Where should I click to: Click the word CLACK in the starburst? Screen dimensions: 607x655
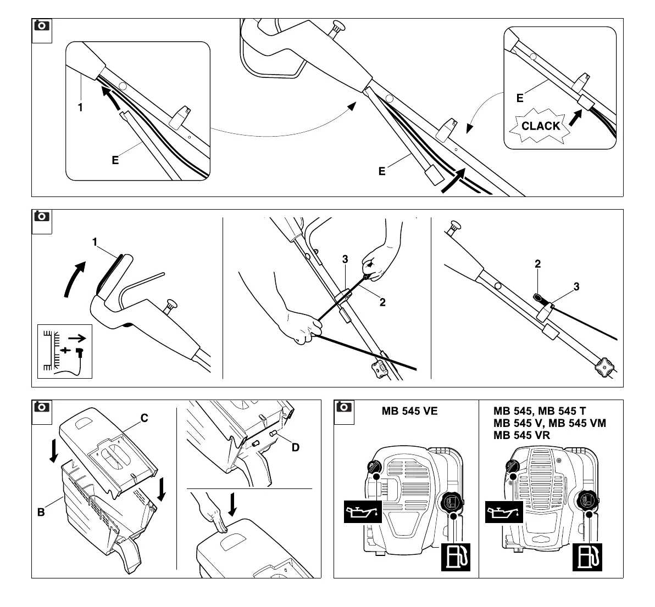(541, 126)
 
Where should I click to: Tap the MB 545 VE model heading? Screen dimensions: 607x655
(409, 411)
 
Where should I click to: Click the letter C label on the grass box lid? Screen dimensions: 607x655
(144, 419)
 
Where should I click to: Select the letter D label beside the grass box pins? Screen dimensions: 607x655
(296, 447)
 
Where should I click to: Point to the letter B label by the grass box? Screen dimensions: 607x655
(41, 513)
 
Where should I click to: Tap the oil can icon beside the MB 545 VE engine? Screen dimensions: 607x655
(363, 512)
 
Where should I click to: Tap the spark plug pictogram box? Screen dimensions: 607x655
(65, 352)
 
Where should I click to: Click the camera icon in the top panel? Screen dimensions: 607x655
(41, 26)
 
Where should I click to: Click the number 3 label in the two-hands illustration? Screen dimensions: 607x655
(345, 260)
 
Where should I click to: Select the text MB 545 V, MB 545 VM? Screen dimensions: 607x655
(549, 423)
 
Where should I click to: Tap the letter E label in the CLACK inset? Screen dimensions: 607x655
(520, 99)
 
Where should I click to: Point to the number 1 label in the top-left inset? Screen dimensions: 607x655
(80, 108)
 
